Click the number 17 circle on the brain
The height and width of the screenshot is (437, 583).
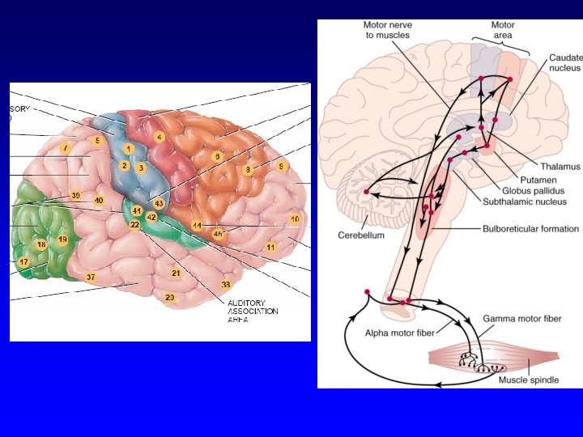coord(23,262)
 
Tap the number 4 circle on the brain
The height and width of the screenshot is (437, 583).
coord(160,138)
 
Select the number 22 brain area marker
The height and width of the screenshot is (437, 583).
coord(134,225)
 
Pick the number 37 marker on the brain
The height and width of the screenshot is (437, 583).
coord(91,278)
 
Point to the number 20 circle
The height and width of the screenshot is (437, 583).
coord(170,298)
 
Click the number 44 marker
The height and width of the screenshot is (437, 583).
coord(197,224)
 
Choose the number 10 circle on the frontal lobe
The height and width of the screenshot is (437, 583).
coord(296,219)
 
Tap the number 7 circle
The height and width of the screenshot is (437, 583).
coord(65,148)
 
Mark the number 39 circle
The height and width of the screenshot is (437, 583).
coord(75,196)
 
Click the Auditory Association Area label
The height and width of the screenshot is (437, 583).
coord(253,311)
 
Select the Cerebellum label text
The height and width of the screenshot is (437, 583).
coord(360,235)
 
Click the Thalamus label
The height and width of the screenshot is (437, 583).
coord(562,166)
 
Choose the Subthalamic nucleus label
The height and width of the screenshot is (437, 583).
coord(525,201)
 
